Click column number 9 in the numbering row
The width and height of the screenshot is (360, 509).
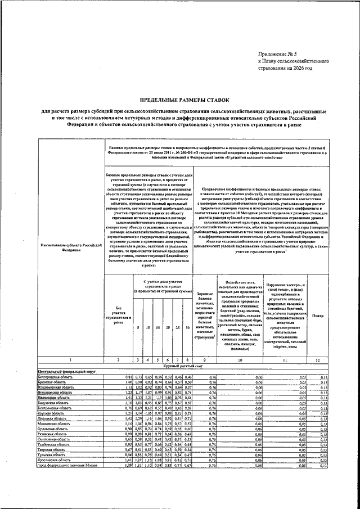[x=205, y=359]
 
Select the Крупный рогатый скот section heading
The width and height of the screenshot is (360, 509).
[x=180, y=366]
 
